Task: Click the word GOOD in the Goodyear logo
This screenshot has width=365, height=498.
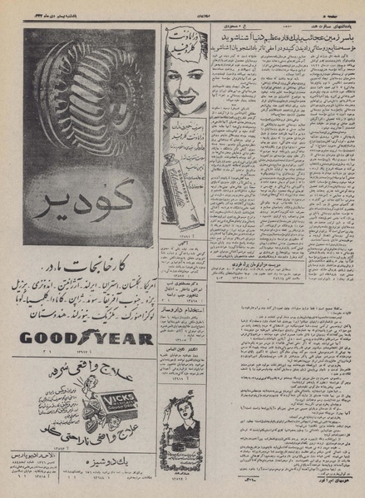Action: coord(44,338)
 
